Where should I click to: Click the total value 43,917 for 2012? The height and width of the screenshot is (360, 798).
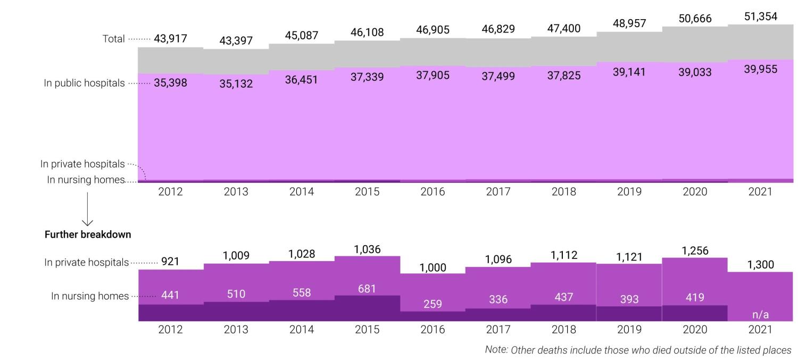[170, 38]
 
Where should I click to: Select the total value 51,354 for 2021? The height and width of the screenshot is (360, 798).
[760, 16]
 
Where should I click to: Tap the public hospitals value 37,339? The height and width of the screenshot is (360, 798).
[367, 77]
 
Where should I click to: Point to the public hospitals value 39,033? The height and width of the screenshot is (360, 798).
[695, 72]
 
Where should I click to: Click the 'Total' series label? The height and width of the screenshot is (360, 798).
[113, 39]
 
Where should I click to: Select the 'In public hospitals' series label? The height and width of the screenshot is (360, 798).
[84, 83]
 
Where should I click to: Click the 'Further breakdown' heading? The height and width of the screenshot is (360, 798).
[88, 235]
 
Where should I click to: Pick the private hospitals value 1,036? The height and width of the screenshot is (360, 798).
[367, 249]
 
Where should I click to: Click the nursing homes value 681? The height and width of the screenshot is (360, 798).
[367, 289]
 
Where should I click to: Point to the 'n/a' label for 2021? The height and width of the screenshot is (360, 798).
[760, 315]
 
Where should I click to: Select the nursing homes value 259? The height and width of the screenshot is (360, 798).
[433, 304]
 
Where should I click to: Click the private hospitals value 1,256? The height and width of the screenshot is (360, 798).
[695, 250]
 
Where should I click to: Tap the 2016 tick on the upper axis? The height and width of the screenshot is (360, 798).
[433, 192]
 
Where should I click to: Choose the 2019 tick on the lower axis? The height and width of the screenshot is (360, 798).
[629, 330]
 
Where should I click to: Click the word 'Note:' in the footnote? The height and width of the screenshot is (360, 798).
[496, 350]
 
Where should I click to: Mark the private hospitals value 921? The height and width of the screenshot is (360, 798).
[170, 262]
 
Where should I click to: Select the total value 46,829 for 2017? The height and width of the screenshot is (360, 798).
[498, 29]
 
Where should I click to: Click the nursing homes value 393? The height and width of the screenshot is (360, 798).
[629, 299]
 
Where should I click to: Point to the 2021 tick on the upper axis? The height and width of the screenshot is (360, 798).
[760, 192]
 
